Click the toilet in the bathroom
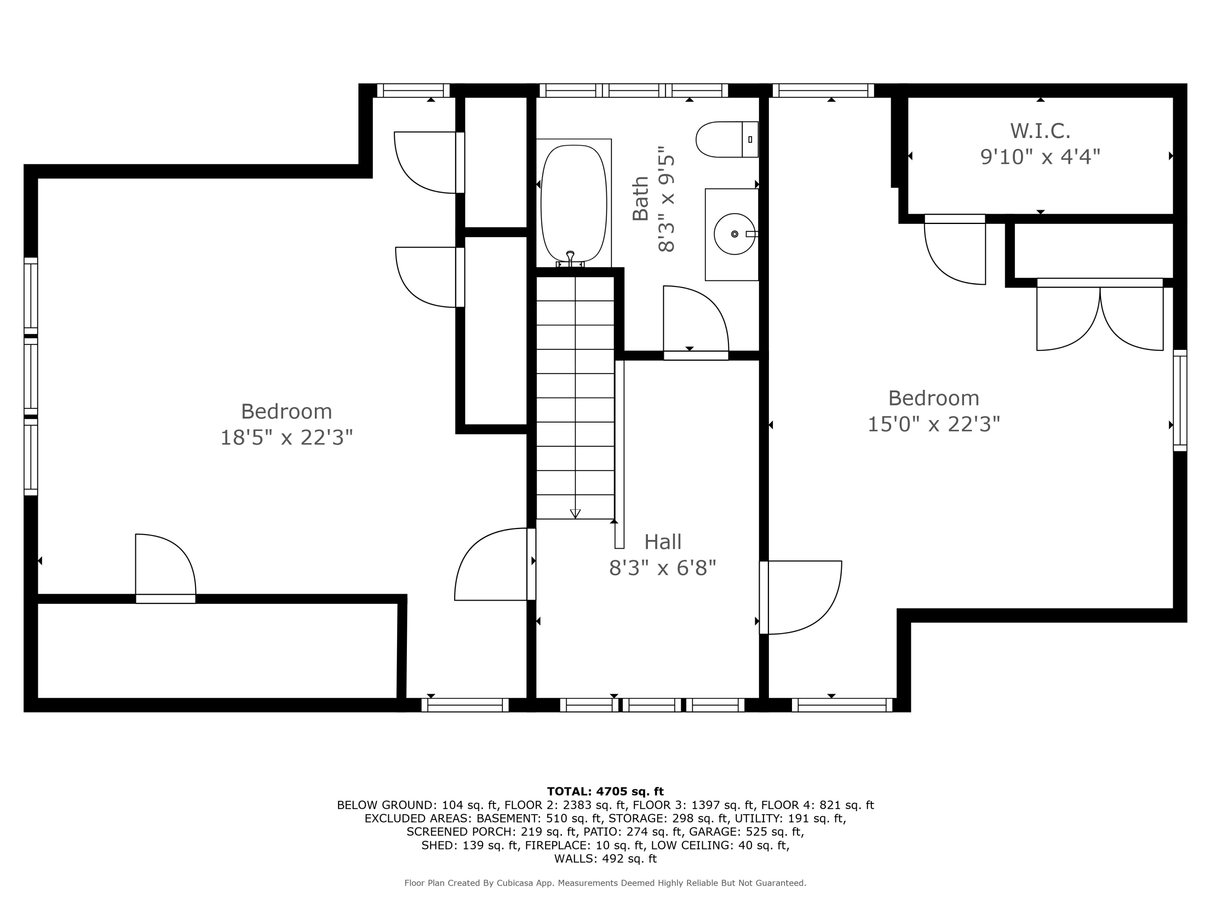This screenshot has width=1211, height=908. [727, 140]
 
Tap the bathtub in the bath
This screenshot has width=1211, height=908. [574, 203]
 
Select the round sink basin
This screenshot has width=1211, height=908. [735, 234]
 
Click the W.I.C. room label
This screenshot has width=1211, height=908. [1040, 131]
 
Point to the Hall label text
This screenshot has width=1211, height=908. [662, 542]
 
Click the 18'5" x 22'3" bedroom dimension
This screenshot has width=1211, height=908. [286, 438]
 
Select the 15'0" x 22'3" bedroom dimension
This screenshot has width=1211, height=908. [934, 424]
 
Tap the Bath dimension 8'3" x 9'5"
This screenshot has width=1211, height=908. [666, 199]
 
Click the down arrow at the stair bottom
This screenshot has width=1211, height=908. [575, 513]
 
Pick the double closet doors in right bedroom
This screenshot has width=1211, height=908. [1100, 315]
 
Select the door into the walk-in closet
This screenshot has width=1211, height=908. [955, 249]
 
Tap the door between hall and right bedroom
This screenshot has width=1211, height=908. [800, 597]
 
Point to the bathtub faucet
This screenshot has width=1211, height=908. [570, 259]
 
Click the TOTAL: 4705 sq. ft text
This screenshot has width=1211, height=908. [605, 791]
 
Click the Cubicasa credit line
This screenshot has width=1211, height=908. [605, 883]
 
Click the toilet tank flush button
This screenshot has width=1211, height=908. [750, 140]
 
